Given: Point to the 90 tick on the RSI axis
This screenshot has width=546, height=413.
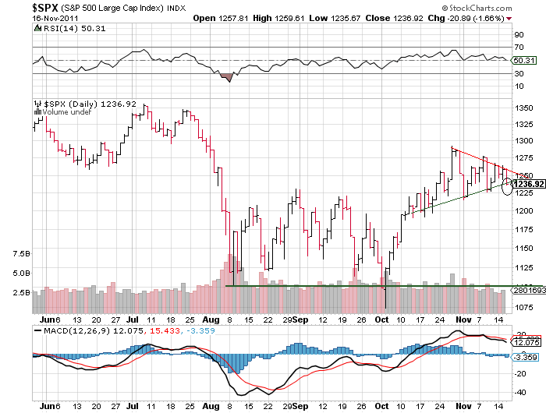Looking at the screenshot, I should coord(516,34).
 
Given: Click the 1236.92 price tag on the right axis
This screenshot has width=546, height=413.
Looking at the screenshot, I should coord(528,183).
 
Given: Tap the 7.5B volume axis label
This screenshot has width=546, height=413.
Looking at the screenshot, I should coord(21,254).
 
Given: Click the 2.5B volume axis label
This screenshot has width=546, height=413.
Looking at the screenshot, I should coord(21,292).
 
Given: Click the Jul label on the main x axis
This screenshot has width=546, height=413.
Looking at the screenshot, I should coord(133,319).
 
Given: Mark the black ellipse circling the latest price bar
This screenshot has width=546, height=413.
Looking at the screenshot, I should coord(509,185).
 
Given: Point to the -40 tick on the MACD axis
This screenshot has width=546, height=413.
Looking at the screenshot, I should coord(518,392).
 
